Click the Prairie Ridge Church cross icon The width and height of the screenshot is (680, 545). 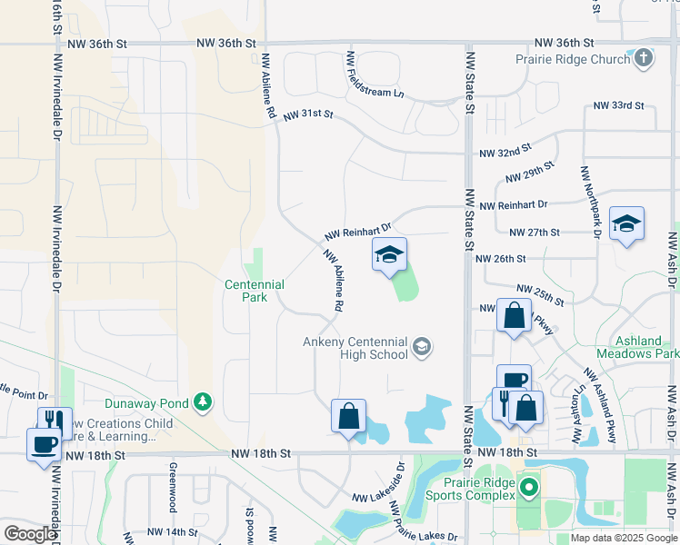point(644,59)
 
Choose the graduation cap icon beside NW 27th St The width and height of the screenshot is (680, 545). point(626,224)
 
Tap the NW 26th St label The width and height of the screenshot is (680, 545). point(501,259)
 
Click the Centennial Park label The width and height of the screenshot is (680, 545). point(255,291)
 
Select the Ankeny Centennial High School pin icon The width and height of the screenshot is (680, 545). point(421,346)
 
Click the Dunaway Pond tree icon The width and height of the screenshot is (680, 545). point(202,402)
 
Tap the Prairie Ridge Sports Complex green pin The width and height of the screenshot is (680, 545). point(529,490)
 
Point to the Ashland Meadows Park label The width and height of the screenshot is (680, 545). point(637,347)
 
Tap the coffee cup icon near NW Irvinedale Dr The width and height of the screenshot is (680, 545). point(44,445)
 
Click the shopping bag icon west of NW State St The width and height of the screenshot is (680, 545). point(349,417)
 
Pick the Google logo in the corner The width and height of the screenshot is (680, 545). point(30,534)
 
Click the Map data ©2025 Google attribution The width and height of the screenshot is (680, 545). point(623,538)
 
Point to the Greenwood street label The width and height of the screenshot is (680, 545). point(171,487)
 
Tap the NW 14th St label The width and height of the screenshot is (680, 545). point(172,531)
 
